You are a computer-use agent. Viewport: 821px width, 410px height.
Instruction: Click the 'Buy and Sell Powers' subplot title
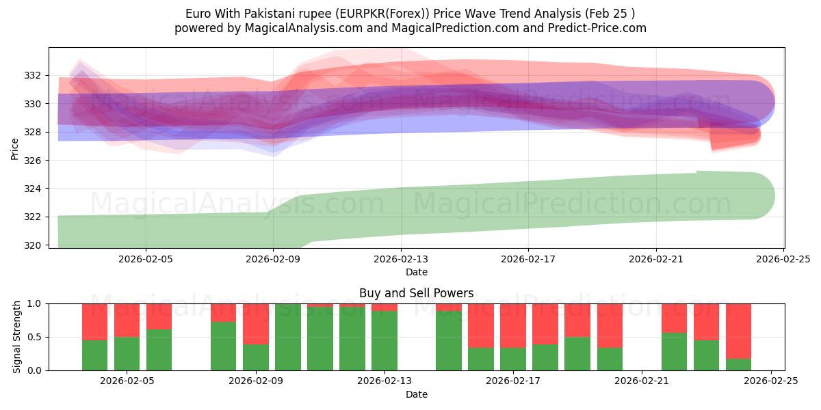416,293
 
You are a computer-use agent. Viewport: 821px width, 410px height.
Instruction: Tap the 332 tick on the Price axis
33,75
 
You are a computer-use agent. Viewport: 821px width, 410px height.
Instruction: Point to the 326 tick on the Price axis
33,161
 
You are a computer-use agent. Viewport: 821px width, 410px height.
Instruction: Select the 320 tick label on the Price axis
33,245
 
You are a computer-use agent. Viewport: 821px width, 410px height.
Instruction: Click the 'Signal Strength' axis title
17,337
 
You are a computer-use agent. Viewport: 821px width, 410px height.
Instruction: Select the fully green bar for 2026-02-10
287,337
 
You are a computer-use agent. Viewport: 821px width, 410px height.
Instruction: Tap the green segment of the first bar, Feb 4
94,355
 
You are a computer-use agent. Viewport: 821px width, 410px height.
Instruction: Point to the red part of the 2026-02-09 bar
255,323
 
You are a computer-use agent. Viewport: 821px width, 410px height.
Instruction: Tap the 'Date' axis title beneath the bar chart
416,394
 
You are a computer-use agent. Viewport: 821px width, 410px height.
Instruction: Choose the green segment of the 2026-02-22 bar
674,351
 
